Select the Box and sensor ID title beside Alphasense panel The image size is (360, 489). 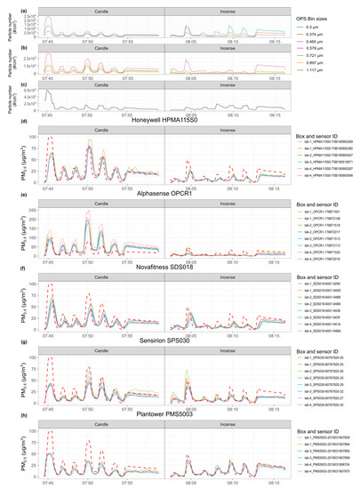point(316,205)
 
